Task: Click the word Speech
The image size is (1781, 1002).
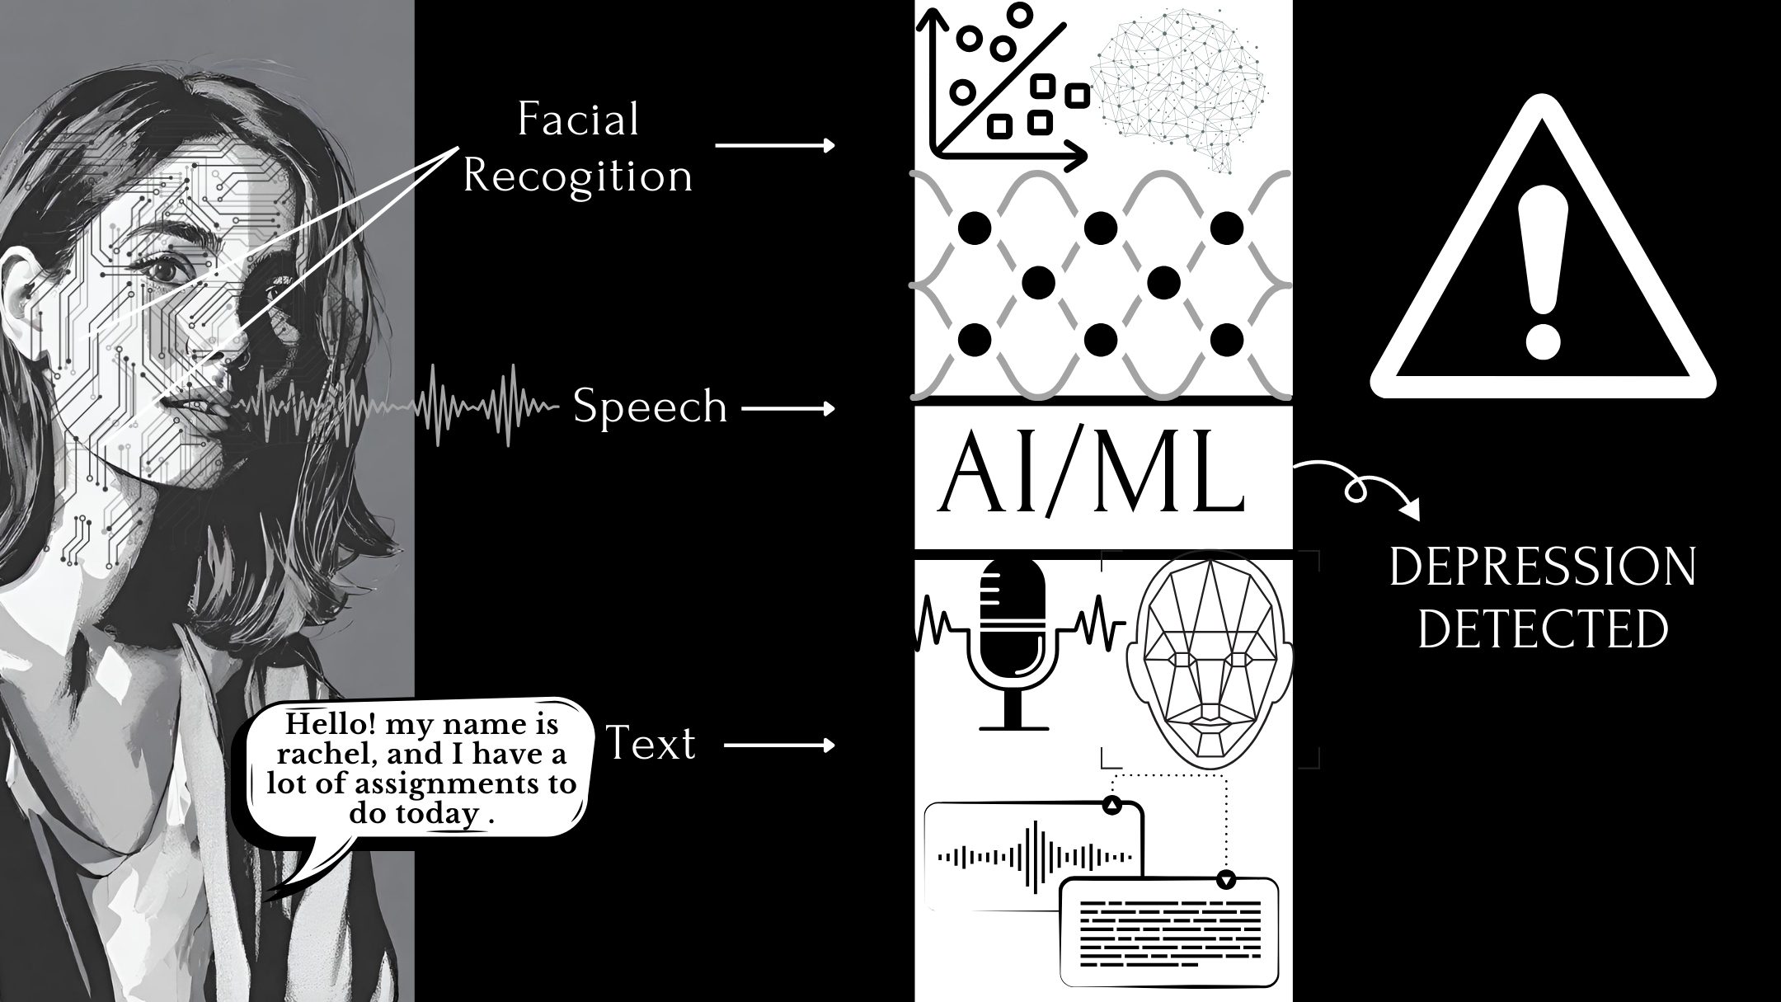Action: (650, 407)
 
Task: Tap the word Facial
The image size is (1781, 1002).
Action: (578, 120)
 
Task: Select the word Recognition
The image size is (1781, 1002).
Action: (577, 176)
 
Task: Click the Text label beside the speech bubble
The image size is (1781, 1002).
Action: (651, 744)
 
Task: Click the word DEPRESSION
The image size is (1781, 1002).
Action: (1542, 567)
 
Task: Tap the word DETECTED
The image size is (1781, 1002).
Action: (1542, 628)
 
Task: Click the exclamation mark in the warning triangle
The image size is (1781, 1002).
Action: (1542, 272)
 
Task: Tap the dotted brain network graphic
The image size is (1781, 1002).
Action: (1179, 91)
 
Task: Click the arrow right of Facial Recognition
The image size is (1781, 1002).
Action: (775, 146)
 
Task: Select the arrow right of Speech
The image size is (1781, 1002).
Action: (788, 408)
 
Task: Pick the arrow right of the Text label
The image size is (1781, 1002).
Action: (779, 746)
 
